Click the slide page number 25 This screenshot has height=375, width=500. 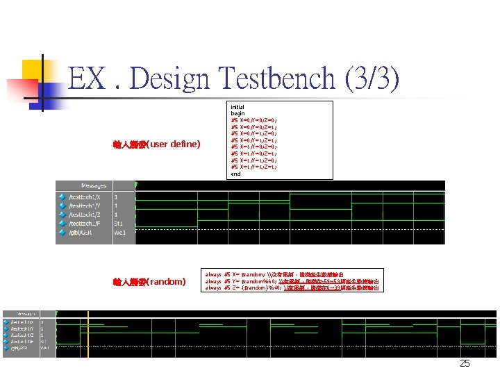[x=465, y=364]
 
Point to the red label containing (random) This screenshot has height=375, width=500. [x=149, y=282]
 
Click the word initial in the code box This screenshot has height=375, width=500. [x=237, y=107]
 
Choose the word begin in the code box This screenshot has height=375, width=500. [x=237, y=113]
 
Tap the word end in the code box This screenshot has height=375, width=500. [x=235, y=174]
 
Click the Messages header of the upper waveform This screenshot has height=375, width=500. [x=94, y=186]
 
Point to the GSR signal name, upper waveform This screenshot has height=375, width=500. [x=81, y=233]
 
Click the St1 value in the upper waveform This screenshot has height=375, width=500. [x=119, y=224]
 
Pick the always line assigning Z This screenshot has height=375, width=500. [x=292, y=287]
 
